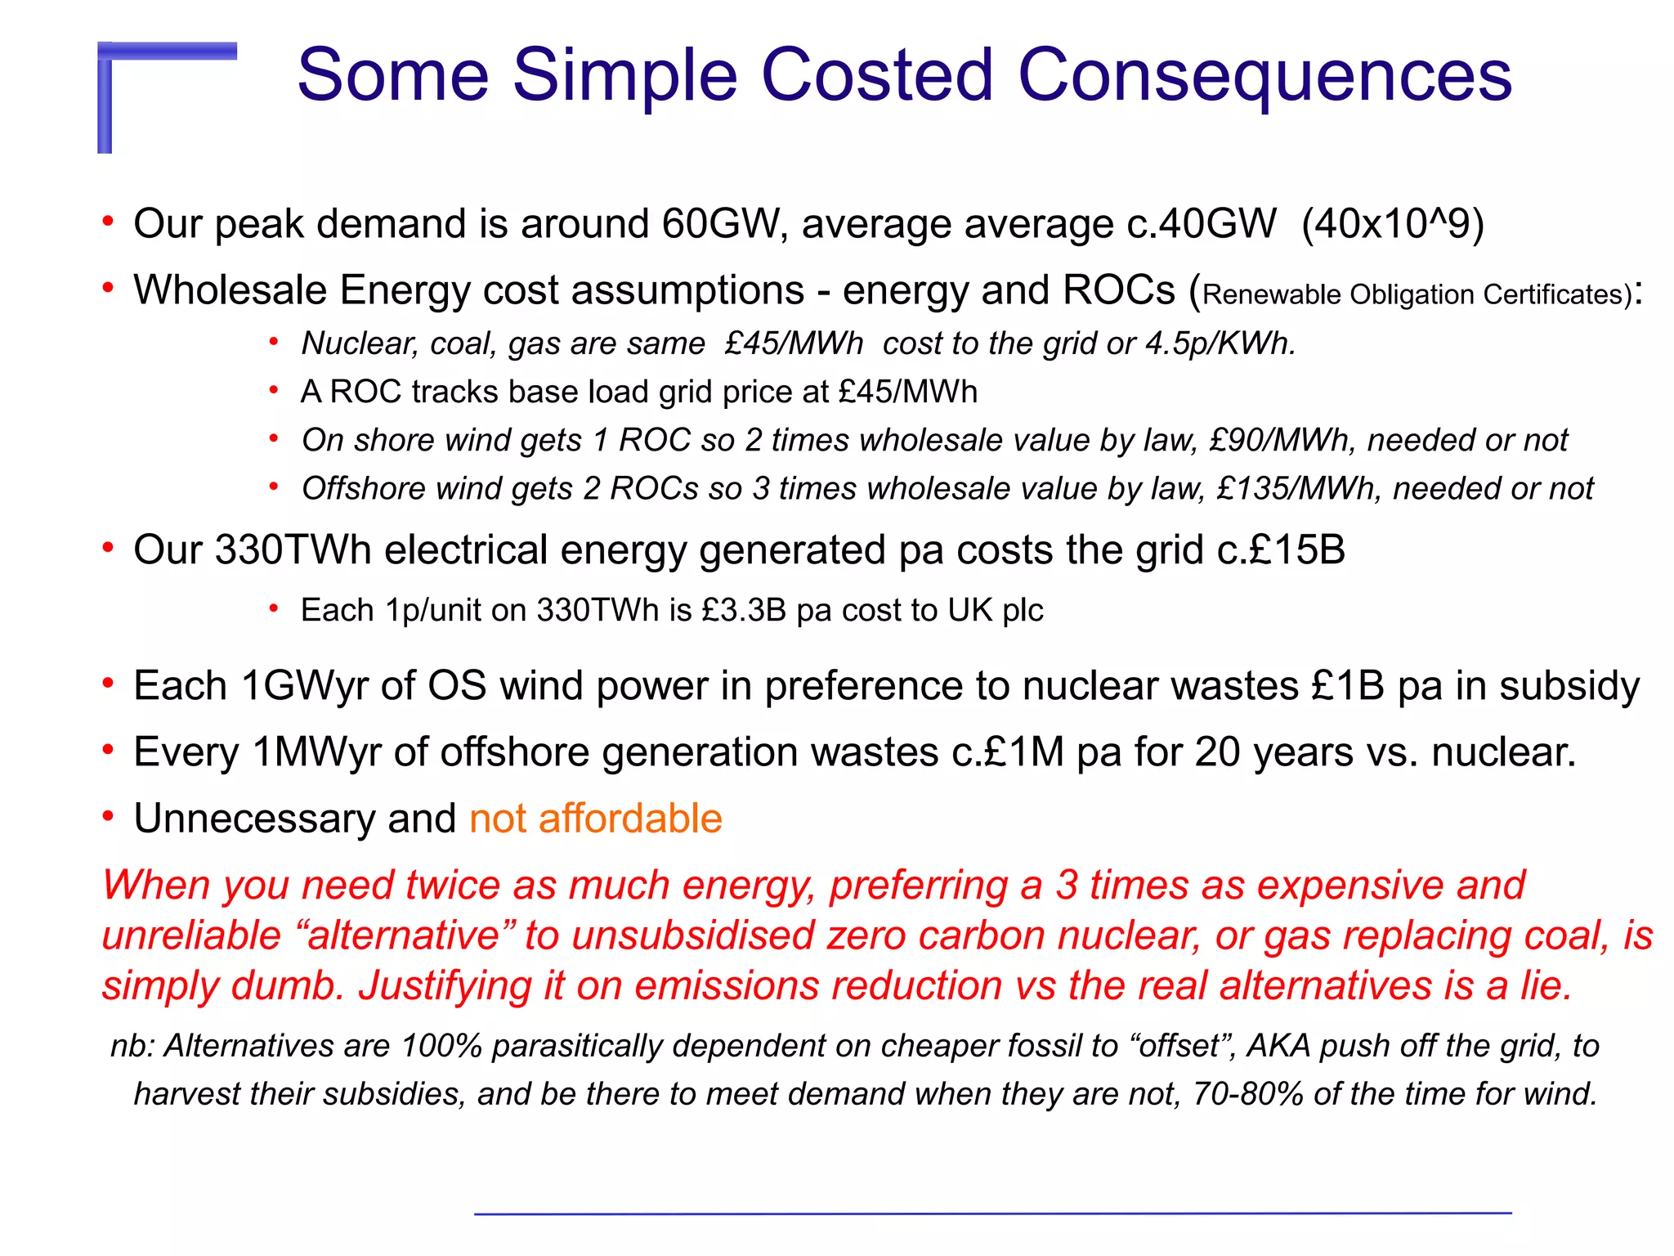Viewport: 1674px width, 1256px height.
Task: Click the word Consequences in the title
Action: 1264,75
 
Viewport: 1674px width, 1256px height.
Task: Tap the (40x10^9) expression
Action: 1392,224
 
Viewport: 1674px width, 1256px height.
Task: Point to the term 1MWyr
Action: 316,751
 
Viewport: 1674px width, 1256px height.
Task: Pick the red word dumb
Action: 282,985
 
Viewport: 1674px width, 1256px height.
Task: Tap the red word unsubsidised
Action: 693,935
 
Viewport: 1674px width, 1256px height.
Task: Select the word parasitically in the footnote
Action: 577,1046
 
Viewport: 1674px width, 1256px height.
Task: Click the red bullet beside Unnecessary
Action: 108,816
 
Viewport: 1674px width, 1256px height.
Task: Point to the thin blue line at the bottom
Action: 992,1213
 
